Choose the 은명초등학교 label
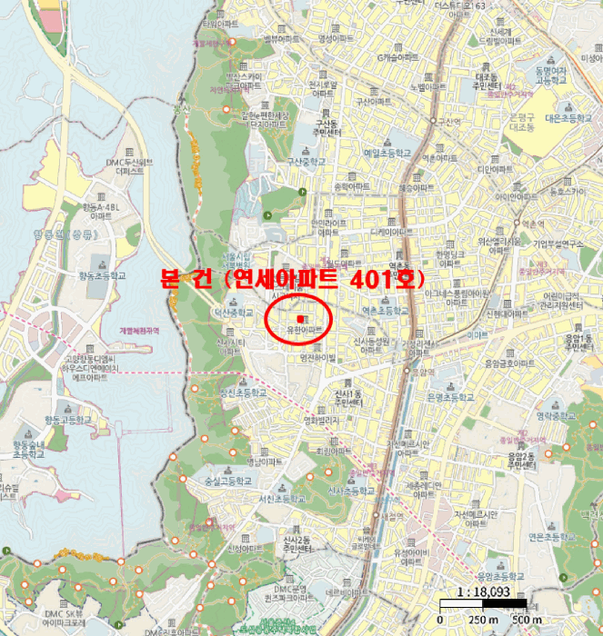450,397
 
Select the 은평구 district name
523,117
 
